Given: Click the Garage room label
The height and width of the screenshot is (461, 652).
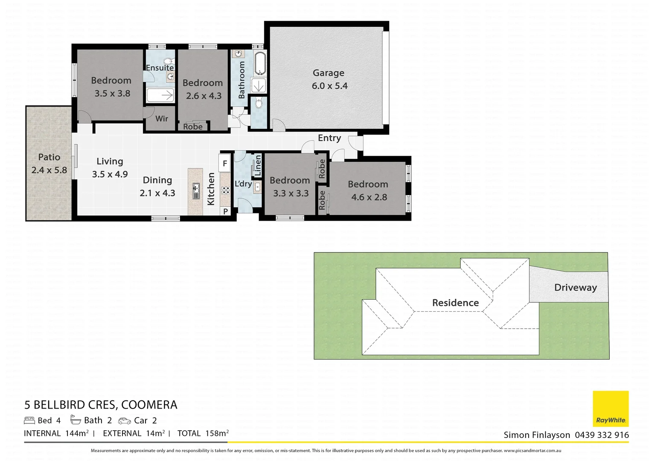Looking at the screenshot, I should pos(328,73).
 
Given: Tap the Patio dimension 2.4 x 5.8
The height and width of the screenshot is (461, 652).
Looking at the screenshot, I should pos(49,170).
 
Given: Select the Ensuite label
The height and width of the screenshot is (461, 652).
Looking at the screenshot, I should pos(160,67).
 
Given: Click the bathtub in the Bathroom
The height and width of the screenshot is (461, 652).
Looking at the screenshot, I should pos(259,64).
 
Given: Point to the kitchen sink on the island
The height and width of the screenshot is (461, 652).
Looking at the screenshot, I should pos(196,191).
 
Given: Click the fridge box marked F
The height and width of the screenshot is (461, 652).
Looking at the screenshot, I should pos(225,163).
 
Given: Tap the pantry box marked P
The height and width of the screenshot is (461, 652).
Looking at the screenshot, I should pos(225,211).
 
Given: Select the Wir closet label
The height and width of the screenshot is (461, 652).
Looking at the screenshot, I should pos(161,119).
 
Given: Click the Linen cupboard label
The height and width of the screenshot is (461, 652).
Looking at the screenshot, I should pos(258,166).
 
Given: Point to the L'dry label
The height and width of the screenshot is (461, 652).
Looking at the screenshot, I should pos(243,184).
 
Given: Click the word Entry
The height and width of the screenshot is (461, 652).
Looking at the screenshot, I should pos(329,138).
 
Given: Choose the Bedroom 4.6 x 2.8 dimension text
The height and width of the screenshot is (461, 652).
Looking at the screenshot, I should pos(369,197).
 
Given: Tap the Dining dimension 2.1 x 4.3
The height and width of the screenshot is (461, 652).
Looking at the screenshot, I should pos(157,193).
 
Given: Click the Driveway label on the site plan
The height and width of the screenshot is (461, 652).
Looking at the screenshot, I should pos(575,287).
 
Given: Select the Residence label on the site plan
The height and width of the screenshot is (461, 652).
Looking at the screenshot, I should pos(455,303).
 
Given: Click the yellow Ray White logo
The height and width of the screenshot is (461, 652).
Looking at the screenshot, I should pos(611,408).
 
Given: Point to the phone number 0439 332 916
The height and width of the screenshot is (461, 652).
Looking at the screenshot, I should pos(602,435).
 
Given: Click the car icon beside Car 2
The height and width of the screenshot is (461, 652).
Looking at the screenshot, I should pos(125,421).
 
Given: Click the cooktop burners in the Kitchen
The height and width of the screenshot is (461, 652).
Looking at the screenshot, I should pos(225,190).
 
